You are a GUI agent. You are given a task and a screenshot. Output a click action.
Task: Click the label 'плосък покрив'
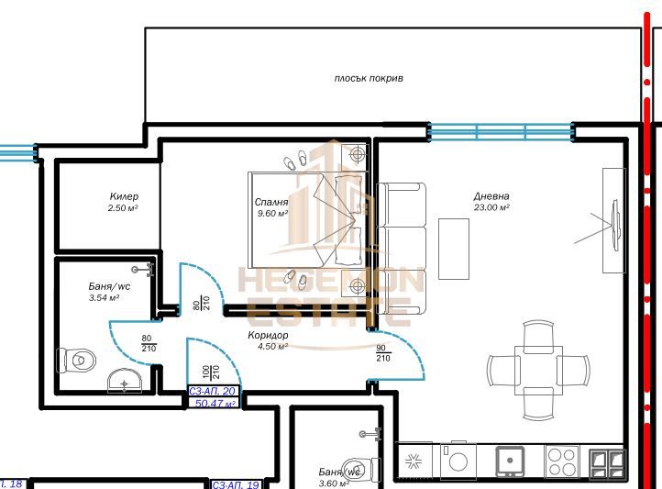pos(368,79)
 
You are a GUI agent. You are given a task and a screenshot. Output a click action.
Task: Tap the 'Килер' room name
pos(124,196)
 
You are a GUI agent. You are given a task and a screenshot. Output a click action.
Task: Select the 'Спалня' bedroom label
pos(271,202)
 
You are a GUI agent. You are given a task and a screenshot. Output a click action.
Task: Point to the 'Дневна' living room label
pos(491,196)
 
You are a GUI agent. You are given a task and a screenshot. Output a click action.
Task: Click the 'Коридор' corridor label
pos(268,336)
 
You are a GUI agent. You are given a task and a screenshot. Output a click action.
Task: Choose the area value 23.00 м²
pos(491,208)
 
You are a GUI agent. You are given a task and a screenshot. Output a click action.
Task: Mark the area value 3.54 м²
pos(104,298)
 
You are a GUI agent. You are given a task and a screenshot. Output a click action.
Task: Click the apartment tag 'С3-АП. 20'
pos(213,392)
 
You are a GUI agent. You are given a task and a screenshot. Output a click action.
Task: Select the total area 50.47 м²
pos(215,403)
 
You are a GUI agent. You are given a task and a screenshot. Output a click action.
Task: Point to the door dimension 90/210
pos(381,352)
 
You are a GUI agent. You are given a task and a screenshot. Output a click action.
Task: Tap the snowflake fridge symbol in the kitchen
pos(413,461)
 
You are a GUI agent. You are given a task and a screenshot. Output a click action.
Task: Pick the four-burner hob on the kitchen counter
pos(561,461)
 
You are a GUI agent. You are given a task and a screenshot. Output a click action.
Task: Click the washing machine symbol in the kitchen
pos(458,461)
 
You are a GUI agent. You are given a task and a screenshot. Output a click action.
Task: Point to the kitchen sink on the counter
pos(509,461)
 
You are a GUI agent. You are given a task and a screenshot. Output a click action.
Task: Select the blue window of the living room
pos(501,131)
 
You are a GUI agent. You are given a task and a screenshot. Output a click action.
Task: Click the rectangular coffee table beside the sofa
pos(453,248)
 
